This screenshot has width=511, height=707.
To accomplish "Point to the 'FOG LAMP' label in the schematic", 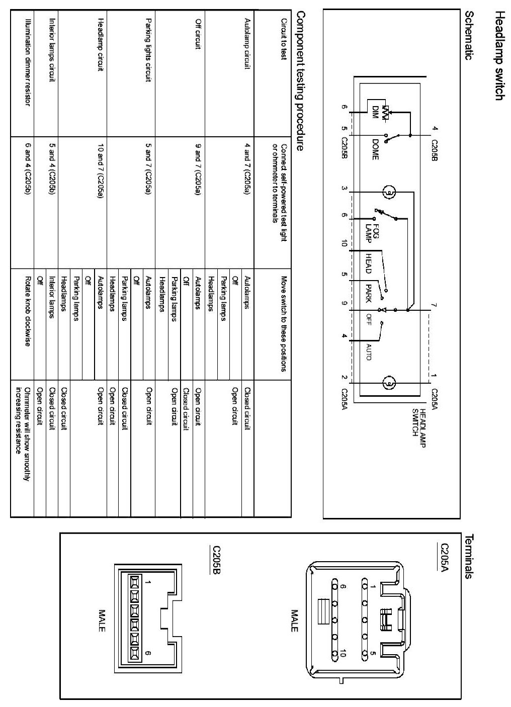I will click(x=373, y=233).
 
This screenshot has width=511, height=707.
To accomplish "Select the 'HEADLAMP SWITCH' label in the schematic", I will click(x=418, y=422).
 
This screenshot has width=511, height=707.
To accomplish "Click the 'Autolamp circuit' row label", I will click(x=246, y=43).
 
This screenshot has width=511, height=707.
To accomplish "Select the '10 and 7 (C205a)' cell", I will click(x=101, y=170).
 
